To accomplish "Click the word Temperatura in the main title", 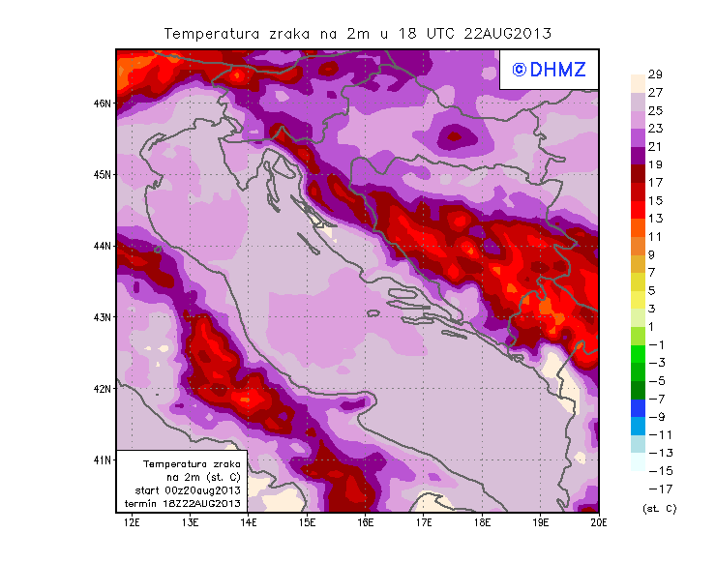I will (x=211, y=33).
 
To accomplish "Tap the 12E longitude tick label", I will (x=132, y=523).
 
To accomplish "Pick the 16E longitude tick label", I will (x=365, y=523).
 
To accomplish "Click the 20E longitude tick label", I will (x=599, y=523).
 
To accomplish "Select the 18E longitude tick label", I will (x=482, y=523).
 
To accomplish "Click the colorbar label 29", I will (x=654, y=74).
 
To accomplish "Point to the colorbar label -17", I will (x=656, y=489).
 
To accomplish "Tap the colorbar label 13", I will (x=654, y=219).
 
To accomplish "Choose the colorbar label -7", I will (x=656, y=399).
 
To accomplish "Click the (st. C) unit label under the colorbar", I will (x=659, y=508).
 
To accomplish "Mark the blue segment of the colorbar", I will (x=637, y=407).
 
